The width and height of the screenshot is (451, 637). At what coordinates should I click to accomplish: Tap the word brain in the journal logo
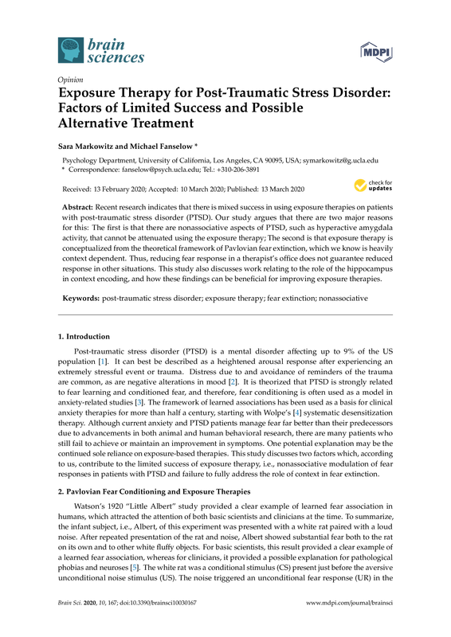[x=108, y=43]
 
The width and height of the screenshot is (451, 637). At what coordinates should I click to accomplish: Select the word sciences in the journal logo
[x=116, y=57]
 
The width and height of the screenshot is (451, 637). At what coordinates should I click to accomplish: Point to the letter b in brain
[x=92, y=43]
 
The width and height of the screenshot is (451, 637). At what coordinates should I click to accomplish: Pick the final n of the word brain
[x=122, y=44]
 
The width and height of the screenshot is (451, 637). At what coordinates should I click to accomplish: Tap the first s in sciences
[x=91, y=57]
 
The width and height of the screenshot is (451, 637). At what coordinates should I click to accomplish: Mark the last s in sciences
[x=141, y=57]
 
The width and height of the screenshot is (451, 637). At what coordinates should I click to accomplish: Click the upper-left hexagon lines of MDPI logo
[x=363, y=45]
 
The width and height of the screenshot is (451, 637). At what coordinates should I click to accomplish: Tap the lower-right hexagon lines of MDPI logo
[x=390, y=61]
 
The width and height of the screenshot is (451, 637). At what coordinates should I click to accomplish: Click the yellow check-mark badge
[x=360, y=186]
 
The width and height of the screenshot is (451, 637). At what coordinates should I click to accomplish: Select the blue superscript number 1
[x=102, y=361]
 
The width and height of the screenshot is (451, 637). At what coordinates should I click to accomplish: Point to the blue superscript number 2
[x=233, y=382]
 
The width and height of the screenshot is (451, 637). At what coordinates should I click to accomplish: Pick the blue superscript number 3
[x=139, y=402]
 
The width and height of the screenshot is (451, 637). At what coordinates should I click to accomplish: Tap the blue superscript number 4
[x=297, y=412]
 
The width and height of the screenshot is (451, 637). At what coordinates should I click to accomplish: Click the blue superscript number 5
[x=134, y=568]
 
